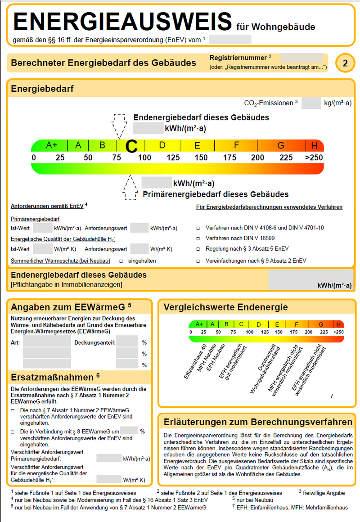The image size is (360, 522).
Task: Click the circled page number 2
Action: point(345,63)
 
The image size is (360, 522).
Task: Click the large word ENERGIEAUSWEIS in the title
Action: point(122,21)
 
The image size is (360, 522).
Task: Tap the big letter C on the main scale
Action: point(131,146)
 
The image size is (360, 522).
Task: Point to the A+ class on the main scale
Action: point(52,145)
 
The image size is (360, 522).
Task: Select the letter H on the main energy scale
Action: point(314,145)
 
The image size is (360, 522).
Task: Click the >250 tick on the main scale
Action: point(314,158)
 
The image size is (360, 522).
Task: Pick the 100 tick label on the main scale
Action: point(144,158)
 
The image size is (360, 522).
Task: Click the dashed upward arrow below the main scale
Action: point(130,187)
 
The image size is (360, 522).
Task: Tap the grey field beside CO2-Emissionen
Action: point(310,103)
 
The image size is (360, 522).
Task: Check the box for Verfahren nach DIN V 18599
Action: point(198,238)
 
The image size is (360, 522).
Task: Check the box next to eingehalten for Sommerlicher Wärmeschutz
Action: point(121,261)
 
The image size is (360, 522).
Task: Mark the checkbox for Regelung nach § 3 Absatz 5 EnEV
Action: point(198,249)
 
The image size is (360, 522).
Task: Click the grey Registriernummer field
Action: point(301,58)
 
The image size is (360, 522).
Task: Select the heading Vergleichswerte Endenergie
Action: point(225,307)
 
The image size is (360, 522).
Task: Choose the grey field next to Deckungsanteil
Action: point(127,342)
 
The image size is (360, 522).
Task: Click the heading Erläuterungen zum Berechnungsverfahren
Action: point(258,422)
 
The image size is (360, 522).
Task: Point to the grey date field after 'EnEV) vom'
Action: point(230,40)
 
